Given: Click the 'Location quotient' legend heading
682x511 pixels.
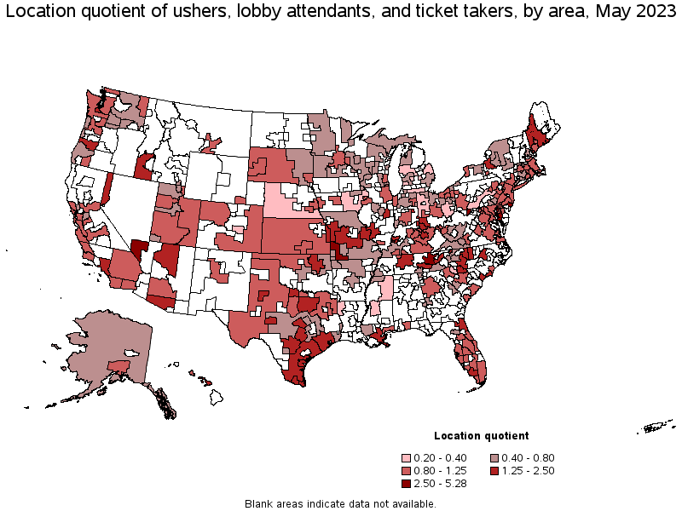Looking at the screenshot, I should [x=481, y=435].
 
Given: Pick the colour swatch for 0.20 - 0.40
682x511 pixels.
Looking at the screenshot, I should [x=410, y=457].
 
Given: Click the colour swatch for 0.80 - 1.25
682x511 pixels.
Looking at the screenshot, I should [x=410, y=470].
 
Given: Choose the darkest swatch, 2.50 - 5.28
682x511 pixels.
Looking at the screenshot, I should [x=410, y=483].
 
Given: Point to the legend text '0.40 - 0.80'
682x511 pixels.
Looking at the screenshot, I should [x=531, y=457].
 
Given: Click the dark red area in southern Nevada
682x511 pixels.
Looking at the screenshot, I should [x=140, y=246].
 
